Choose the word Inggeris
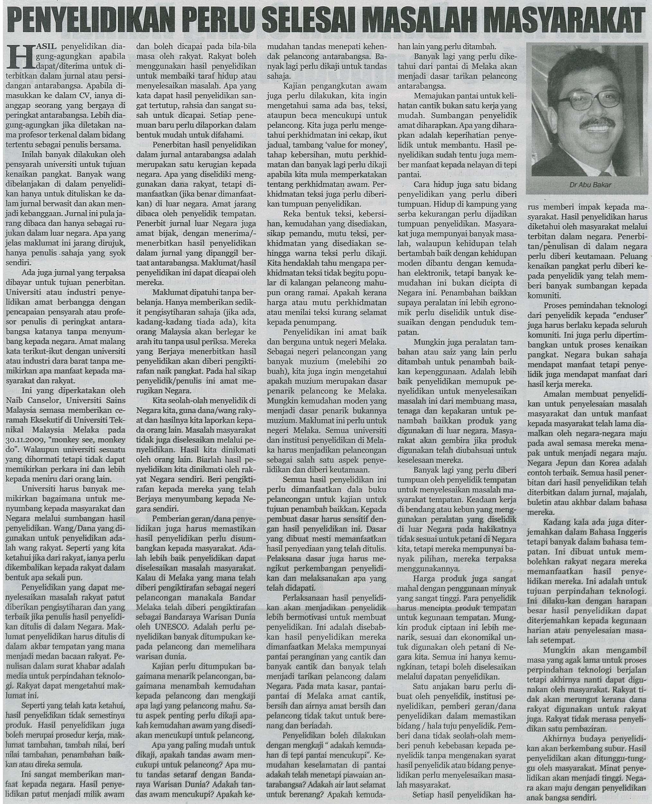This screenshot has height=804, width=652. pyautogui.click(x=628, y=532)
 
